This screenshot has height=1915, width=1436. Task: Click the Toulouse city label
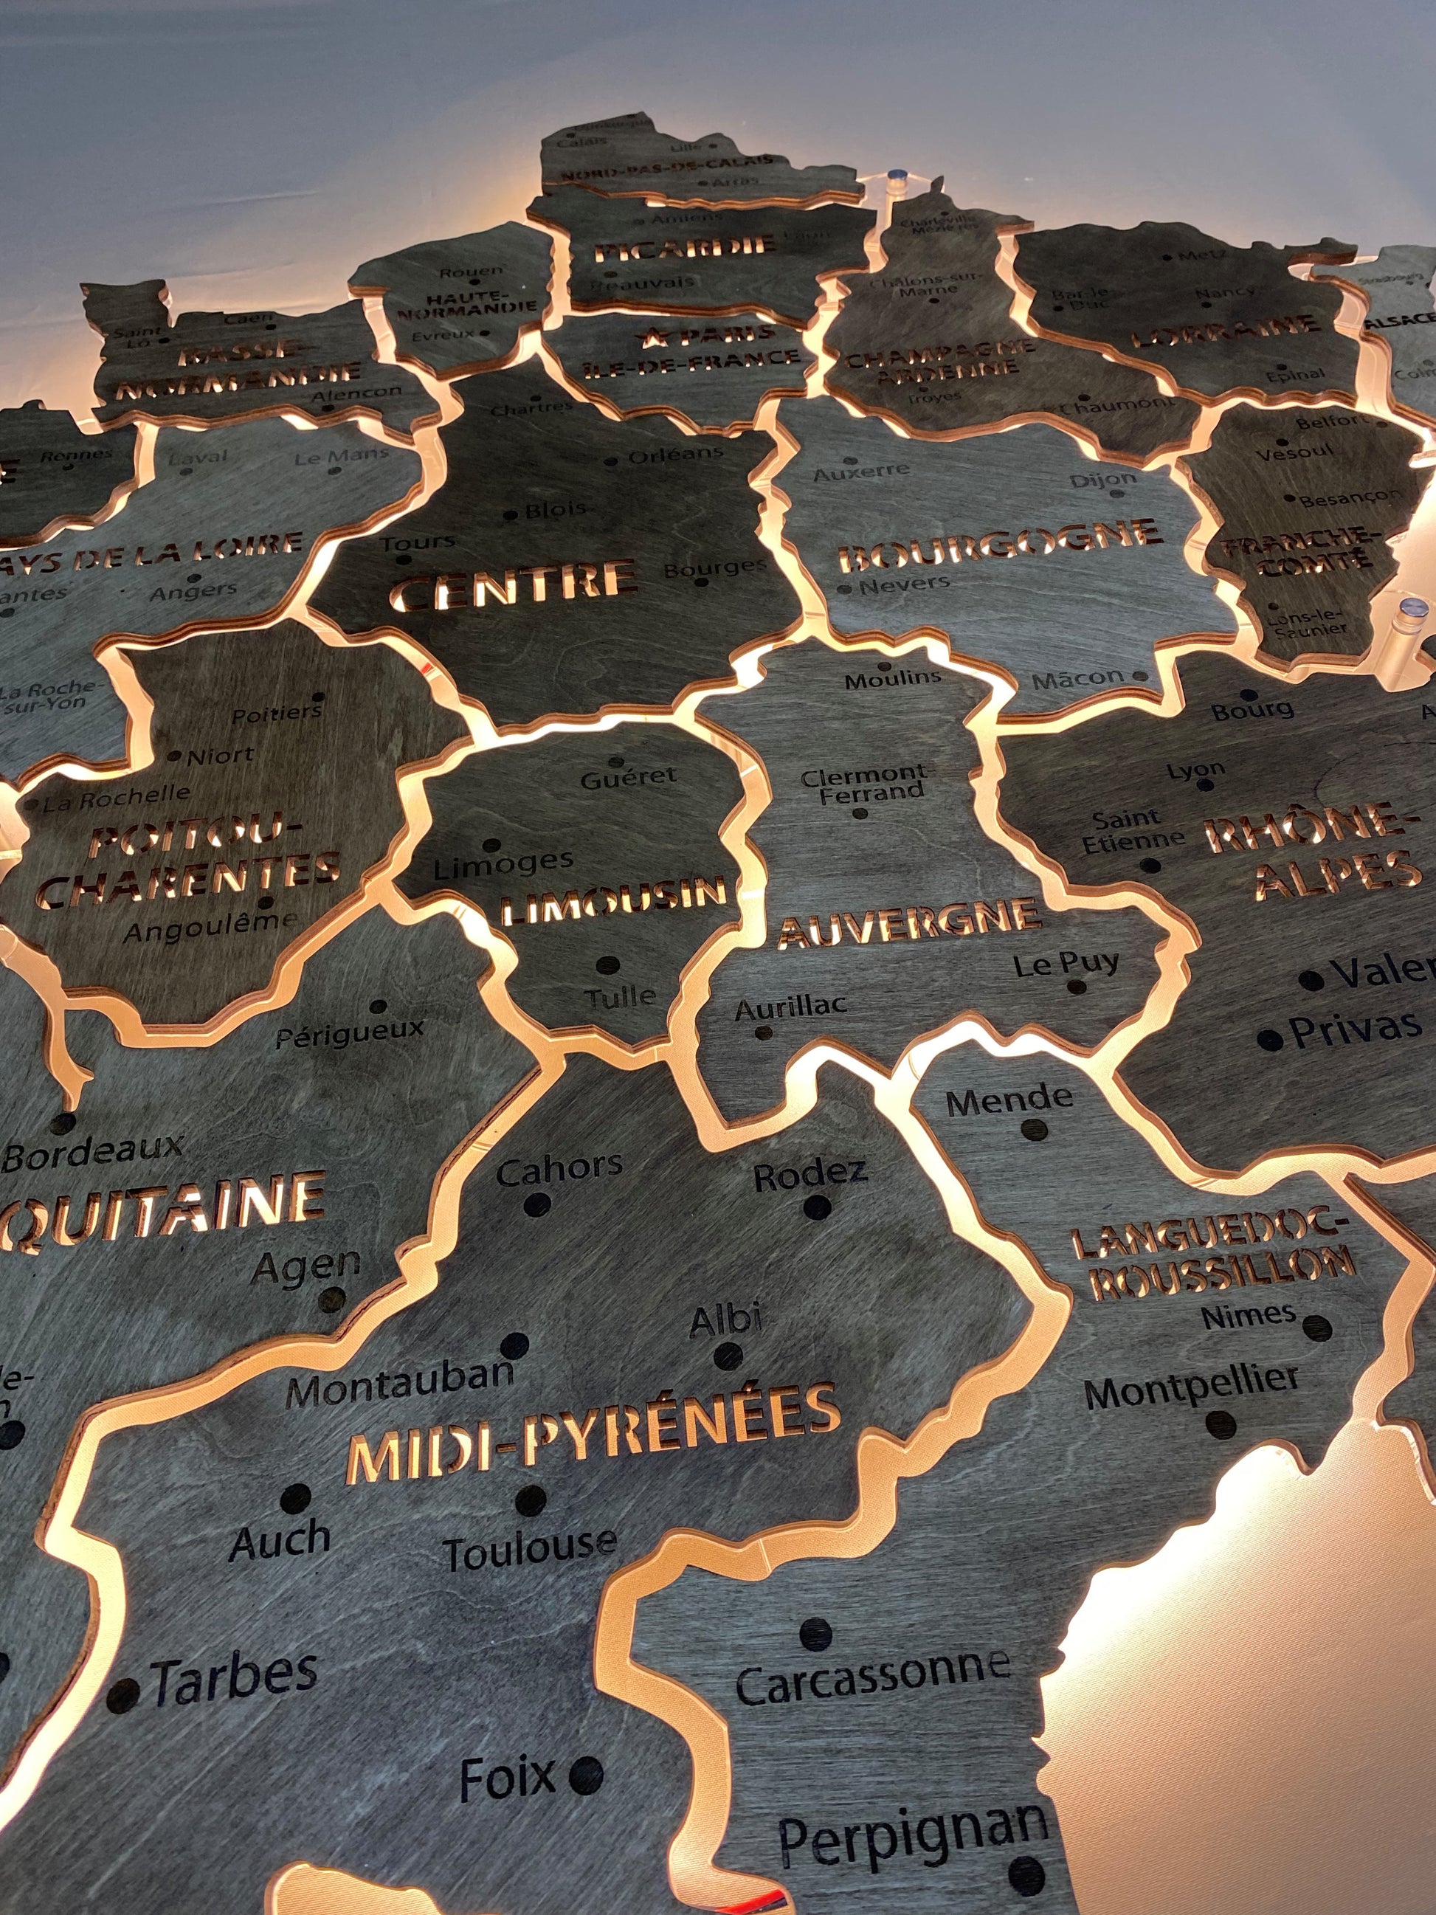[530, 1550]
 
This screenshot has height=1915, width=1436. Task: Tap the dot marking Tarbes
[123, 1694]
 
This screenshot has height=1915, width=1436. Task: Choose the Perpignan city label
[914, 1840]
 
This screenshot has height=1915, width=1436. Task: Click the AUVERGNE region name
[909, 922]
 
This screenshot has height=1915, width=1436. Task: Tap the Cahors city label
[559, 1170]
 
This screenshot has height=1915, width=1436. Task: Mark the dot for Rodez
[816, 1207]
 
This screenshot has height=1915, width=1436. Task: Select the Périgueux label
[350, 1034]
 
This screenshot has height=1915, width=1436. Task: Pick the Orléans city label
[675, 454]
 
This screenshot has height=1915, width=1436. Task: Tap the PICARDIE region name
[684, 249]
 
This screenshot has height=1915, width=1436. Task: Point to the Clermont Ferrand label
[863, 784]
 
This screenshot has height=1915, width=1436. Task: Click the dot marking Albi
[728, 1355]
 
